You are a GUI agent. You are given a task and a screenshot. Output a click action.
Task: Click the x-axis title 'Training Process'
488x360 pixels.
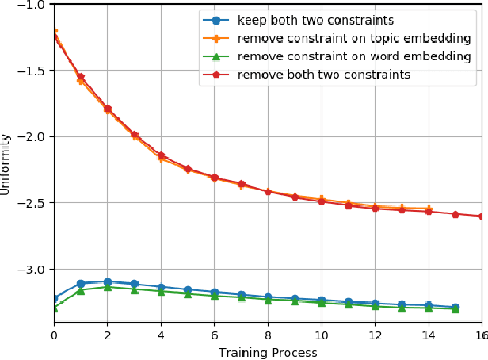(x=268, y=352)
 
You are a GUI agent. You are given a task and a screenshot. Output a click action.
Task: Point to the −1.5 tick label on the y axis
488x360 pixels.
(x=32, y=71)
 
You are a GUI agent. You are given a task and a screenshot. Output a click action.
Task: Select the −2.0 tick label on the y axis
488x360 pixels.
(x=32, y=136)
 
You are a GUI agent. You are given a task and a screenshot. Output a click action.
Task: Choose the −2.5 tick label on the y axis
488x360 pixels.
(x=32, y=203)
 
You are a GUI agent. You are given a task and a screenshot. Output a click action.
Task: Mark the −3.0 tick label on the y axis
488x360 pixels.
(x=32, y=270)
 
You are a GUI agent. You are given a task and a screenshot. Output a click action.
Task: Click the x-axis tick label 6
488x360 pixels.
(x=214, y=335)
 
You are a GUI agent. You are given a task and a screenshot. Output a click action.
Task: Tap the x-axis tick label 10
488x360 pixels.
(x=321, y=335)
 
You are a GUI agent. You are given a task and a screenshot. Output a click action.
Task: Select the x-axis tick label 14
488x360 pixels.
(x=428, y=335)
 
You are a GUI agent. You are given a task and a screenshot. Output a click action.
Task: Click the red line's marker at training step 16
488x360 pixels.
(x=481, y=216)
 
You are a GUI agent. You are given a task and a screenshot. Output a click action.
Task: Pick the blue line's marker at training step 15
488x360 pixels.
(x=455, y=307)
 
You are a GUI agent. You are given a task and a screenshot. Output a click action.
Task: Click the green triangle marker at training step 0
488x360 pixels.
(x=54, y=308)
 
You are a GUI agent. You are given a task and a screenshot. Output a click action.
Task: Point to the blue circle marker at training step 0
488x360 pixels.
(x=54, y=298)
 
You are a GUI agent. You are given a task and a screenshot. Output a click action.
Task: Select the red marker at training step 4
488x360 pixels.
(x=161, y=155)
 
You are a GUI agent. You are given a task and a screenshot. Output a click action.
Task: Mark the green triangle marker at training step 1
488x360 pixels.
(x=81, y=291)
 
